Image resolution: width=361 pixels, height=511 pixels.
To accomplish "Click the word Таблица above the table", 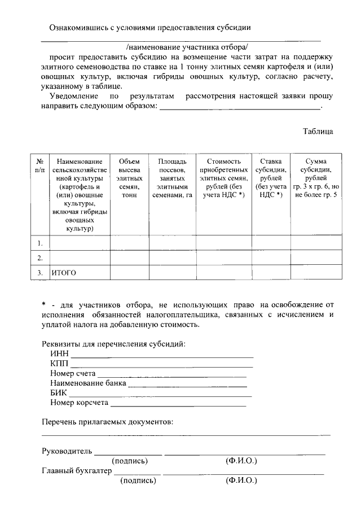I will (x=318, y=132).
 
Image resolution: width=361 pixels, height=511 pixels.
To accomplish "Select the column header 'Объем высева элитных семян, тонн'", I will (x=129, y=178).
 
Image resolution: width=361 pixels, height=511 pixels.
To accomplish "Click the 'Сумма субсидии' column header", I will (x=315, y=178).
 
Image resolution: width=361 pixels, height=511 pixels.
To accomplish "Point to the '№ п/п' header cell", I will (x=40, y=165).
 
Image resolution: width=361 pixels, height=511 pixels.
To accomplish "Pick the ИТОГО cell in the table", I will (x=64, y=273).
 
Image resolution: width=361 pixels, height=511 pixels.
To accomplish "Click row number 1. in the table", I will (x=40, y=243).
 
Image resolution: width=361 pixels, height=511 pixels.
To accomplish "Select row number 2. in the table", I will (x=40, y=258).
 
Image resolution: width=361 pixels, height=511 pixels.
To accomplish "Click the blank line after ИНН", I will (x=162, y=356).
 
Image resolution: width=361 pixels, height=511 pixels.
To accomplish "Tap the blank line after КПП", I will (x=161, y=366).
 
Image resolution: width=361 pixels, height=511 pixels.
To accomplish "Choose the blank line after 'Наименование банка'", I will (x=187, y=385).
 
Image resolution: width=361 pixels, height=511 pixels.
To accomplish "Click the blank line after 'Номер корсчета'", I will (x=178, y=404).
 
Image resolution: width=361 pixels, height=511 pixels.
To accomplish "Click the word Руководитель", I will (x=67, y=451).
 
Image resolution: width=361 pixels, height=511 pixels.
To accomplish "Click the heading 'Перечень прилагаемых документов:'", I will (x=107, y=422).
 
